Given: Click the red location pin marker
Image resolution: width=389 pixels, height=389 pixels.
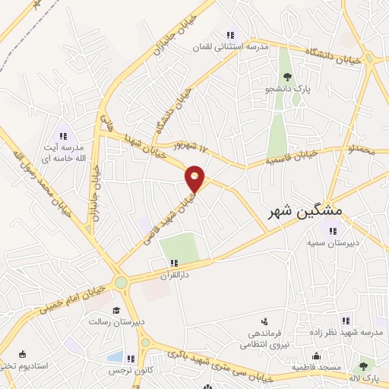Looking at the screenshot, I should coord(195,179).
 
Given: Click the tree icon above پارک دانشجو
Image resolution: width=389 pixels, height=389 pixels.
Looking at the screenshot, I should coord(287,77).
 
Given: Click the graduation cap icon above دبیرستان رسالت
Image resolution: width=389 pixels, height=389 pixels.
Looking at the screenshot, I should coord(116,310).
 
